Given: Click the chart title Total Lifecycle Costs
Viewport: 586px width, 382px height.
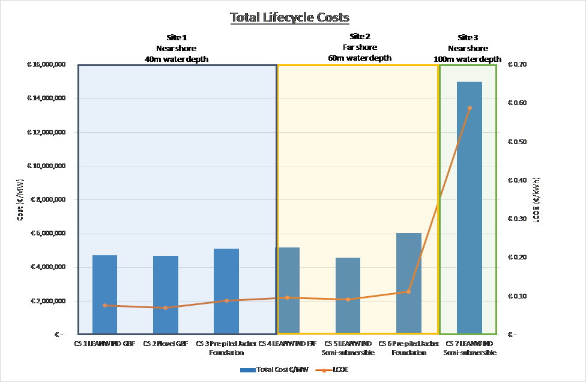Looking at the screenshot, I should pyautogui.click(x=289, y=17).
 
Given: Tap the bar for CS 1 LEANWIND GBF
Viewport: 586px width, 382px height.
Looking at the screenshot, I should pyautogui.click(x=104, y=294).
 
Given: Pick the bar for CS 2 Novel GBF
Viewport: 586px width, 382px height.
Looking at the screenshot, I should pyautogui.click(x=165, y=294).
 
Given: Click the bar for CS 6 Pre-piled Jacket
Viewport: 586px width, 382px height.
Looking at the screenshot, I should pyautogui.click(x=408, y=282).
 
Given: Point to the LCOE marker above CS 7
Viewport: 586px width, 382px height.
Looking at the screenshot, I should pyautogui.click(x=470, y=108).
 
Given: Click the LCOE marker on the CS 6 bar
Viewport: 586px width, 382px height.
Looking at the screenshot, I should pyautogui.click(x=408, y=291).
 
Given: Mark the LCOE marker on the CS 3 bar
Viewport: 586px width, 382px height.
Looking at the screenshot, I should pyautogui.click(x=226, y=301).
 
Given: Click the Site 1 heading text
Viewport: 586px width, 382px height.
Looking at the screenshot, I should pyautogui.click(x=176, y=37).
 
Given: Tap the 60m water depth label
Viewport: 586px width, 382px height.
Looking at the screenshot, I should pyautogui.click(x=360, y=58).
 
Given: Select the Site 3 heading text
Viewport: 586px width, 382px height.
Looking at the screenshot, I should pyautogui.click(x=468, y=37).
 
